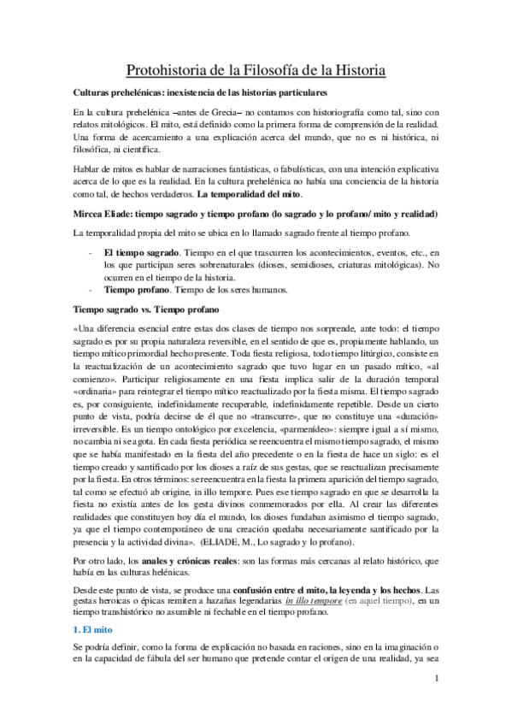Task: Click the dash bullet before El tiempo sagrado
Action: click(91, 254)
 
